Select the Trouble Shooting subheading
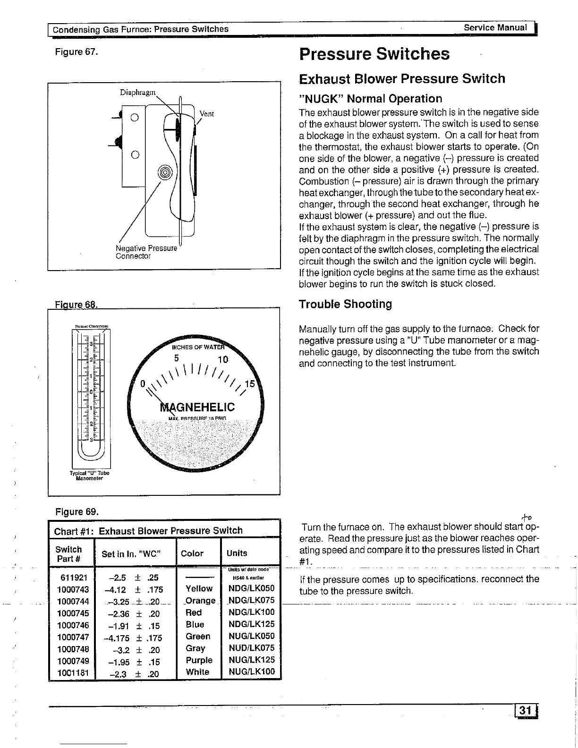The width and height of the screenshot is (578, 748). pyautogui.click(x=345, y=304)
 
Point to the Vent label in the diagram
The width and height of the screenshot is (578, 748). pyautogui.click(x=207, y=114)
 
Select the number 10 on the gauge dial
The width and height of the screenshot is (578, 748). pyautogui.click(x=222, y=360)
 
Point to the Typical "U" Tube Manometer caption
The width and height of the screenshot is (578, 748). pyautogui.click(x=89, y=475)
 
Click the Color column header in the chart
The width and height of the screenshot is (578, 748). pyautogui.click(x=192, y=553)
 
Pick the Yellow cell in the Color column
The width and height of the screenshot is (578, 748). pyautogui.click(x=199, y=589)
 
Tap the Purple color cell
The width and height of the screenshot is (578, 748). pyautogui.click(x=199, y=660)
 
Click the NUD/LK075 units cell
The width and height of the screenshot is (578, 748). pyautogui.click(x=251, y=648)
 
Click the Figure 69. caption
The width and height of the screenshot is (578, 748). pyautogui.click(x=77, y=512)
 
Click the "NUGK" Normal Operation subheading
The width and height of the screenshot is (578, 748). pyautogui.click(x=371, y=99)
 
